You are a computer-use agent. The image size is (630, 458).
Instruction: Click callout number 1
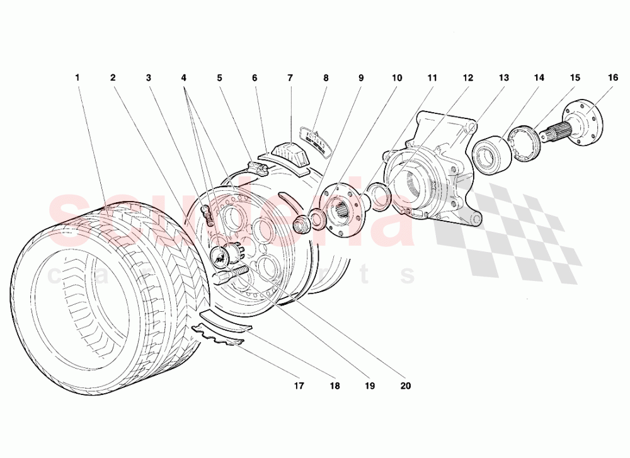click(x=77, y=78)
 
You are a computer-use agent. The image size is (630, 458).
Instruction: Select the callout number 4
click(x=184, y=78)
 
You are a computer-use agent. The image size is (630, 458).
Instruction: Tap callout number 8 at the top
click(x=326, y=78)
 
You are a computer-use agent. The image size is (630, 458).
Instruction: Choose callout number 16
click(x=613, y=78)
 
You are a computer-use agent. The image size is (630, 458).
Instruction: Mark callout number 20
click(x=405, y=386)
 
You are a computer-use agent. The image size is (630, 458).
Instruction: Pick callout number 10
click(x=397, y=78)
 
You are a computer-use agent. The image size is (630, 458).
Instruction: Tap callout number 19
click(x=370, y=386)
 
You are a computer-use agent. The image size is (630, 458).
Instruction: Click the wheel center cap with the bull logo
click(x=222, y=255)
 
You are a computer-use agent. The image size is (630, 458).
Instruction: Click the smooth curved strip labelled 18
click(x=226, y=319)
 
